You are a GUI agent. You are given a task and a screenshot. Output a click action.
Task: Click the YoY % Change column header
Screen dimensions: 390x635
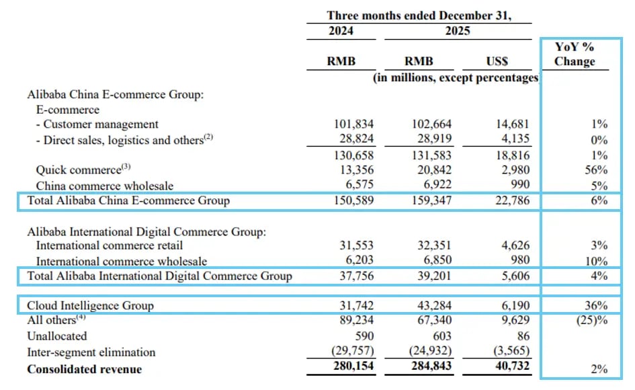pos(575,54)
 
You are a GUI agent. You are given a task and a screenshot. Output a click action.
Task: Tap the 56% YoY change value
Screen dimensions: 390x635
pos(597,170)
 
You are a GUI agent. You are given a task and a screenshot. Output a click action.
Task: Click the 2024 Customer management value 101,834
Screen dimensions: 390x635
pos(353,124)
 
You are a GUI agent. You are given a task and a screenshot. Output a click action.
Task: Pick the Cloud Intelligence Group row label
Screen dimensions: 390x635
pos(90,306)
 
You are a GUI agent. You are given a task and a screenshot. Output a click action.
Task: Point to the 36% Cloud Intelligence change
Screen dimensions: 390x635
pos(597,306)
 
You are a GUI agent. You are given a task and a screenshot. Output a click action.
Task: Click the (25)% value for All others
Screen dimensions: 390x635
pos(592,321)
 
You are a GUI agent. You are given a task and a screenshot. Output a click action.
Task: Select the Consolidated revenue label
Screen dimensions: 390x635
pos(84,369)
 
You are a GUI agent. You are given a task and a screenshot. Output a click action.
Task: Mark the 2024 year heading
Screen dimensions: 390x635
pos(341,31)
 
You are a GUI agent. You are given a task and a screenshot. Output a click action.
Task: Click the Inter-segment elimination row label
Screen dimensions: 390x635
pos(91,352)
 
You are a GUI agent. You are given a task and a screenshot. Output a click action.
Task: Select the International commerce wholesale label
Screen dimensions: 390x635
pos(122,261)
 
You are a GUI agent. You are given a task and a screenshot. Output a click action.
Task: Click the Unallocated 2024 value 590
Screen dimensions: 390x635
pos(364,336)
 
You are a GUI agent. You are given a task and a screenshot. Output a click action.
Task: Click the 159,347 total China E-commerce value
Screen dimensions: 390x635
pos(430,200)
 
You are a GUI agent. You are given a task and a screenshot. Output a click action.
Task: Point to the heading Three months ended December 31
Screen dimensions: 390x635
pos(419,15)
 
